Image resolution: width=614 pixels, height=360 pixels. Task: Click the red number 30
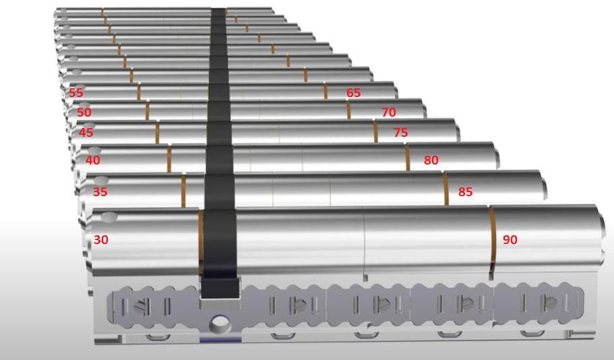click(101, 239)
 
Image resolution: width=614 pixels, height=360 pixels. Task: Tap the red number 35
click(100, 191)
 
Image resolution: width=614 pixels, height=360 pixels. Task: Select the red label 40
click(93, 160)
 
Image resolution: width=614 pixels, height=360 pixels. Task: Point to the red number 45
click(86, 132)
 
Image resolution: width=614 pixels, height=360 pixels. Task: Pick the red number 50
click(84, 112)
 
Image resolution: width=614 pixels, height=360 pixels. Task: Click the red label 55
click(76, 93)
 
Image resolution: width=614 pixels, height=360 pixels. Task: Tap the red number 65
click(353, 93)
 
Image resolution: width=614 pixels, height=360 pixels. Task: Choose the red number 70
click(389, 112)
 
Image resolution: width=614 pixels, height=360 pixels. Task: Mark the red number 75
click(400, 132)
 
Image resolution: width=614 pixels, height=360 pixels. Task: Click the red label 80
click(431, 160)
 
